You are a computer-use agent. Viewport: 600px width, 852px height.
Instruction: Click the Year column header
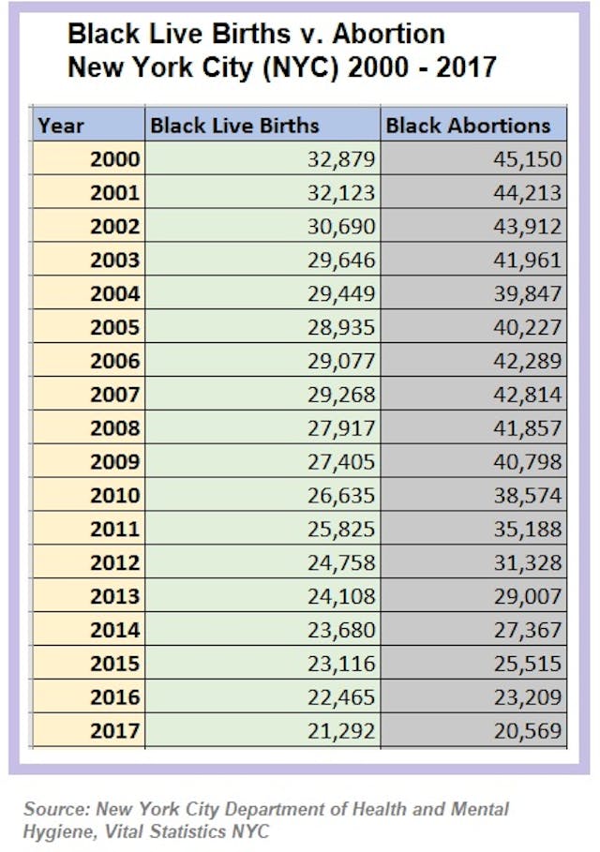(61, 126)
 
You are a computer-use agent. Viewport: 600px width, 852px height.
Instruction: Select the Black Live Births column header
(234, 126)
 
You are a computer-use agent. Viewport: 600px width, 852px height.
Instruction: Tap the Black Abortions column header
(469, 126)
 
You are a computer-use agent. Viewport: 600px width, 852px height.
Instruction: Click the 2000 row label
(114, 159)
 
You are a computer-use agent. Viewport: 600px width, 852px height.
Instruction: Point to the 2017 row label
(114, 730)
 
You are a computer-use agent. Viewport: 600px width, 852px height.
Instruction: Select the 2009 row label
(114, 461)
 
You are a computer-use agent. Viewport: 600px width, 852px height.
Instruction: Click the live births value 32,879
(341, 159)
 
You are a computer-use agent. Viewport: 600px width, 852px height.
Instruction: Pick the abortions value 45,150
(529, 159)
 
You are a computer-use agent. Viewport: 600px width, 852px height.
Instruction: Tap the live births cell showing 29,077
(341, 361)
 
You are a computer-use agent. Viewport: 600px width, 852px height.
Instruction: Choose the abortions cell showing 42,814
(529, 395)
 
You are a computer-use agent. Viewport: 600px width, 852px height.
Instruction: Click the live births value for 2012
(341, 562)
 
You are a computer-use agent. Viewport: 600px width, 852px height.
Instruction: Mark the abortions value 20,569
(529, 730)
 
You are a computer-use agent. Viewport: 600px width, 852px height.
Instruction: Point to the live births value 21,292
(341, 730)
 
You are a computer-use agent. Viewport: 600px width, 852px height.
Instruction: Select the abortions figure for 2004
(529, 293)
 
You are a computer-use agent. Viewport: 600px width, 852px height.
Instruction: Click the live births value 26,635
(341, 495)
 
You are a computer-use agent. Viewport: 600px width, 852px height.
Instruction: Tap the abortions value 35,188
(529, 529)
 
